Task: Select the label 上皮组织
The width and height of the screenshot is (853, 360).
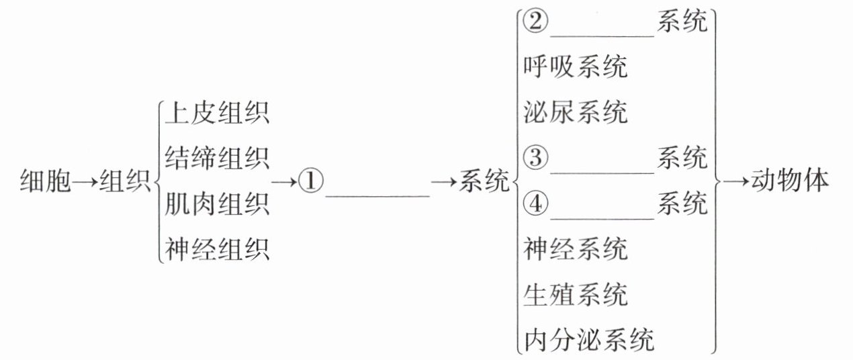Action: (x=216, y=113)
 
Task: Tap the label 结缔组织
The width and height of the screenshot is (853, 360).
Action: (x=216, y=159)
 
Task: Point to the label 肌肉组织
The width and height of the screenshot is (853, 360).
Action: (x=216, y=204)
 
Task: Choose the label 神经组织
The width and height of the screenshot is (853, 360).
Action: (x=216, y=250)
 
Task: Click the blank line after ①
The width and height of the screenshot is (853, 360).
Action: (x=377, y=195)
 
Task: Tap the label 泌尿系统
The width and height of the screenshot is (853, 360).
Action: (x=576, y=112)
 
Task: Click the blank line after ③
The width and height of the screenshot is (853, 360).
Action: (x=602, y=172)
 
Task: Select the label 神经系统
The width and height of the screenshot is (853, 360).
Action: (x=576, y=249)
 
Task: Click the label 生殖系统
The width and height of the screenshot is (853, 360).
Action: (x=576, y=294)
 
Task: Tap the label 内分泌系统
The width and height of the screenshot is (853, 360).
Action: (x=589, y=340)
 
